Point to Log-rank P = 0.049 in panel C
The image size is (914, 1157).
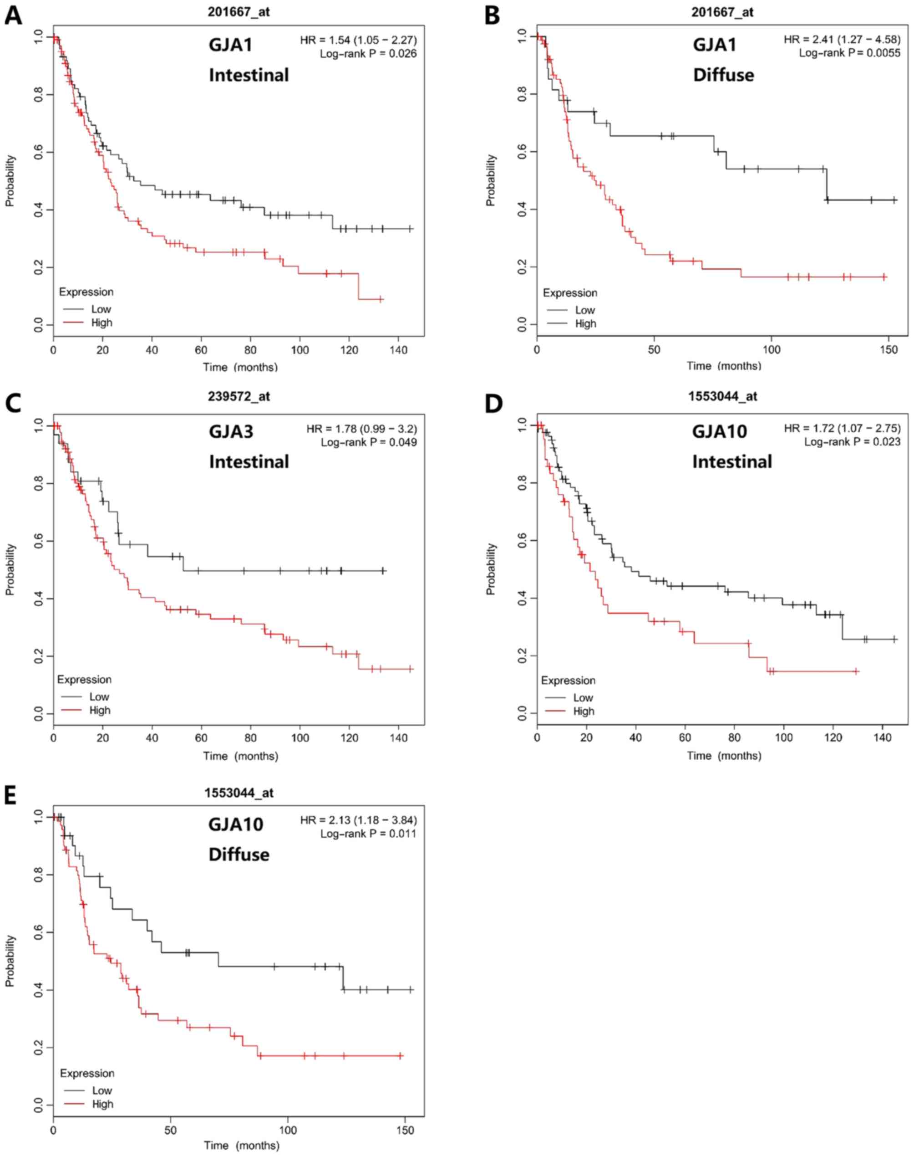coord(369,443)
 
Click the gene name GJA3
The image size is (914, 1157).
coord(231,431)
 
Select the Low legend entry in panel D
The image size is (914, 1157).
coord(583,698)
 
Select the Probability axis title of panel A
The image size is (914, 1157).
coord(11,180)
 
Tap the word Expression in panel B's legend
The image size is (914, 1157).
coord(570,293)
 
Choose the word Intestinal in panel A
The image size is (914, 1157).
coord(249,75)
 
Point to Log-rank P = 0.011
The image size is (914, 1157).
coord(368,834)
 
